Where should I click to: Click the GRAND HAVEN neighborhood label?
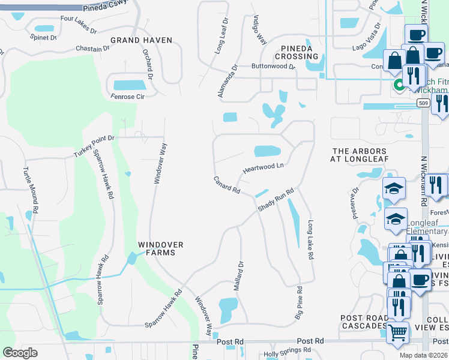click(141, 40)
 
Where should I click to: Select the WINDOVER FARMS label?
click(160, 248)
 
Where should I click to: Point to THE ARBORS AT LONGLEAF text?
click(360, 155)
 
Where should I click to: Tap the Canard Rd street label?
click(227, 185)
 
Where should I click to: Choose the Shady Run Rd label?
click(276, 200)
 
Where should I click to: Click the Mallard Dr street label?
click(241, 272)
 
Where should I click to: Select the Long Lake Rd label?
click(311, 239)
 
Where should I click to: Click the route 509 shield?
click(423, 103)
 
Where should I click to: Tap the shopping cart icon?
click(398, 332)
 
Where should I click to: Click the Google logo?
click(20, 353)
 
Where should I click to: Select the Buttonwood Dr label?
click(273, 67)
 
